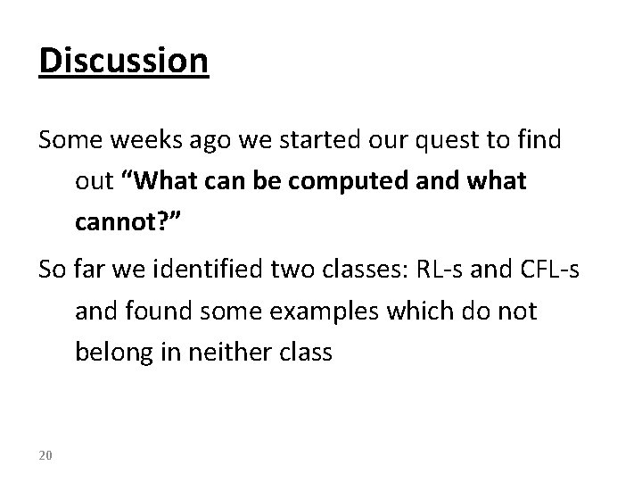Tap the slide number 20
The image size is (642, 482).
(45, 456)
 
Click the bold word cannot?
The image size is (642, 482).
(124, 222)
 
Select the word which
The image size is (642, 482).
(407, 312)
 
